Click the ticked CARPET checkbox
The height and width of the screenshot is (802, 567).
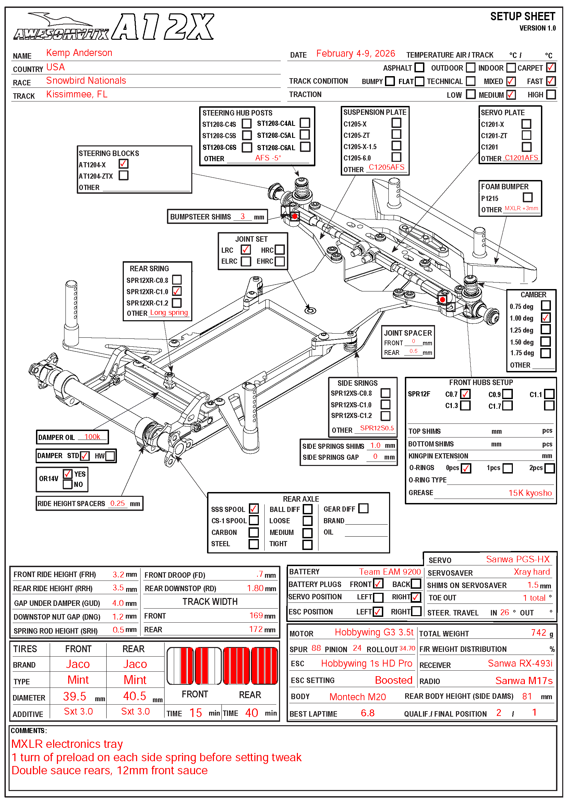(x=551, y=68)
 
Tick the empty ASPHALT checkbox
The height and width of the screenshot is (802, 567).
(x=419, y=68)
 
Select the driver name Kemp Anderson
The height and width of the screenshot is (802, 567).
(x=79, y=53)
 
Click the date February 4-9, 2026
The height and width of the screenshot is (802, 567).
(x=355, y=54)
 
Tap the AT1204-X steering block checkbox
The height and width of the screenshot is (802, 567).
(x=123, y=164)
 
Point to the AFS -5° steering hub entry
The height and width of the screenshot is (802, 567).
(x=268, y=158)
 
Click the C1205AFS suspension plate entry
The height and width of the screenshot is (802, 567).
(x=386, y=167)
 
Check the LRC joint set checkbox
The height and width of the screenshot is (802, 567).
(x=245, y=250)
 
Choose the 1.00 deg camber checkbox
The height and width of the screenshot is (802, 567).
(x=545, y=318)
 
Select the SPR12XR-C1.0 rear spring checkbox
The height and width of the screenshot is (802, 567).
(x=177, y=291)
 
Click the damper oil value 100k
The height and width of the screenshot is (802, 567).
(x=92, y=437)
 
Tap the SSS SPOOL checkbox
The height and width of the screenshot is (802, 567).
(x=254, y=509)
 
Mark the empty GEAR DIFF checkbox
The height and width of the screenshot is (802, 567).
(x=363, y=508)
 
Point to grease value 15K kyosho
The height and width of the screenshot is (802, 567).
(x=530, y=493)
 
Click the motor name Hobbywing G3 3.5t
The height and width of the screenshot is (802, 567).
(x=374, y=633)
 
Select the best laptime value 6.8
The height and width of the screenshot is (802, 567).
(x=367, y=713)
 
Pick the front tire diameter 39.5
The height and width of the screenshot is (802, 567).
(x=74, y=696)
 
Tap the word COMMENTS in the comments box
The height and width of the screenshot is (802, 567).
(x=28, y=731)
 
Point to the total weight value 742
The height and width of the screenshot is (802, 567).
(x=538, y=633)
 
